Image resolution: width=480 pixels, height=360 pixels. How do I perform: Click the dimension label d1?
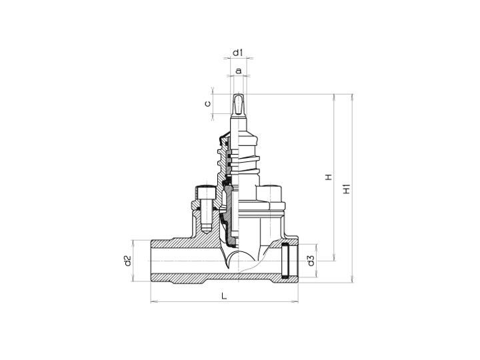point(237,53)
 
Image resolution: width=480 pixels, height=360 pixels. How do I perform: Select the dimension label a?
point(239,71)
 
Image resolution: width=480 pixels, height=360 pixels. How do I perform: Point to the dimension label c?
point(207,103)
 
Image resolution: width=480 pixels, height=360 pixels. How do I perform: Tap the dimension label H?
point(329,177)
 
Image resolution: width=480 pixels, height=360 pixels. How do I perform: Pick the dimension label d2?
point(127,261)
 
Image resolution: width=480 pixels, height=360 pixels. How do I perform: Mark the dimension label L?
point(225,296)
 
